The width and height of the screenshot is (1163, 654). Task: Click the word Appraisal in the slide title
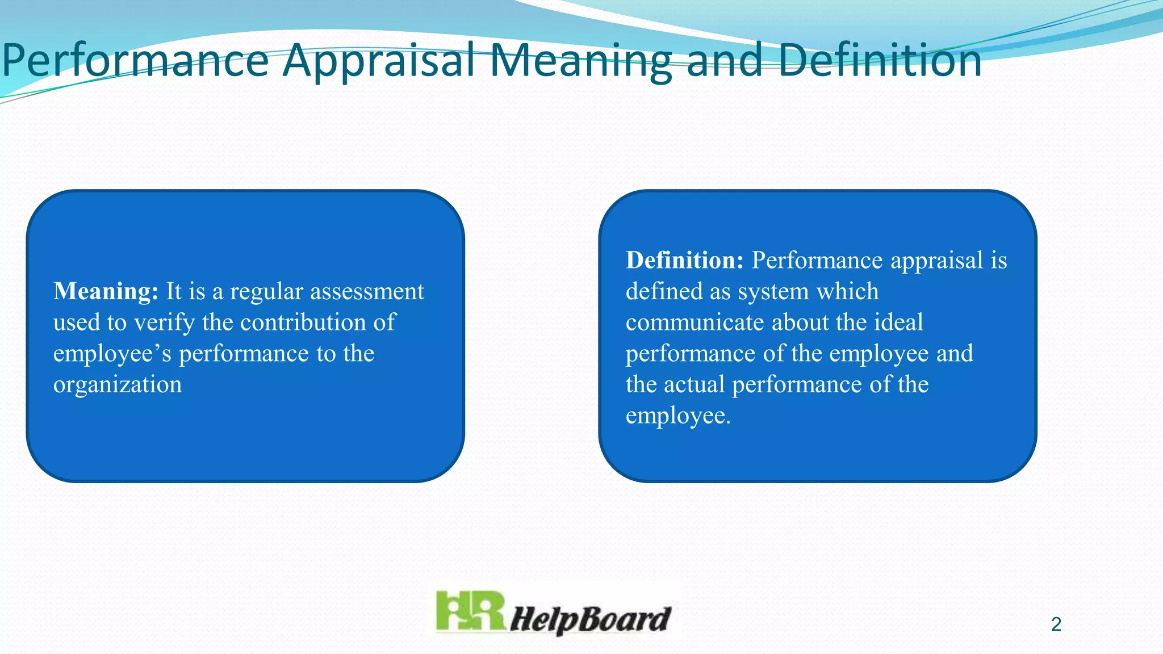[x=379, y=61]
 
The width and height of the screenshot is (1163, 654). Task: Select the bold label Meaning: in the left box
[x=106, y=292]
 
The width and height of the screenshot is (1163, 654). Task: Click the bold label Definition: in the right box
[x=684, y=261]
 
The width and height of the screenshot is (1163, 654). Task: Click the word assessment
[x=367, y=292]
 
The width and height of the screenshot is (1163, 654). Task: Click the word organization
[x=118, y=385]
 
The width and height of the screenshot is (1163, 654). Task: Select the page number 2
[x=1056, y=624]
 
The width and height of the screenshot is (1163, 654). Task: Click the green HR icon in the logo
[x=470, y=612]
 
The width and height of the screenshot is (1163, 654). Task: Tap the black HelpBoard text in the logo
[x=590, y=619]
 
